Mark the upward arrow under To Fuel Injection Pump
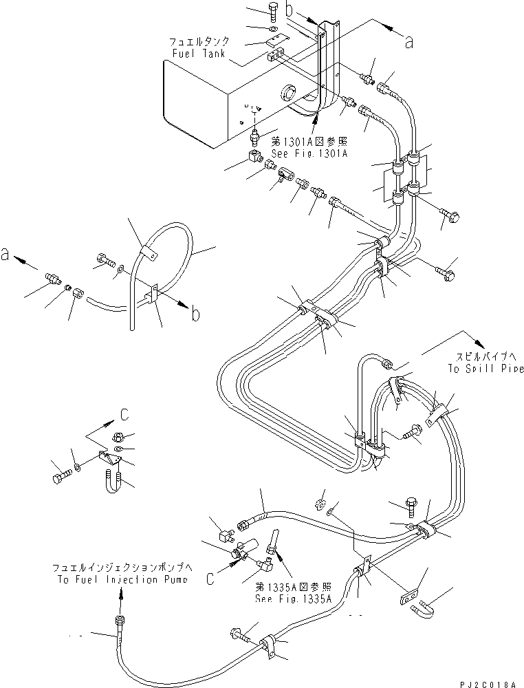point(121,599)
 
